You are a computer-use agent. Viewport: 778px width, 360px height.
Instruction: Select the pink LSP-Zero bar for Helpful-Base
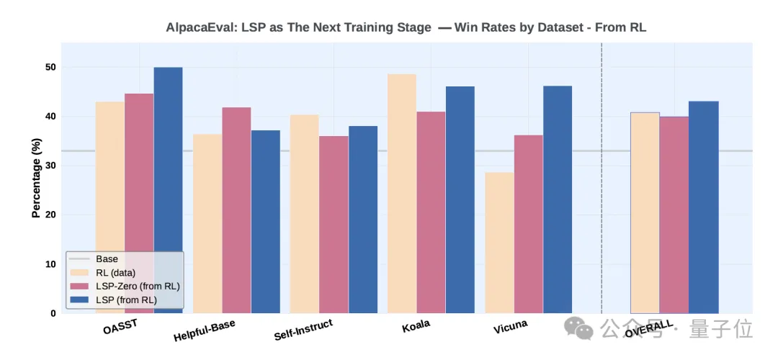tap(236, 209)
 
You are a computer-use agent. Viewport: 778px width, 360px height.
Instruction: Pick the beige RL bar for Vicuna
tap(499, 242)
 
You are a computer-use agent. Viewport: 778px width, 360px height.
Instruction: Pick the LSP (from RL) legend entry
tap(126, 300)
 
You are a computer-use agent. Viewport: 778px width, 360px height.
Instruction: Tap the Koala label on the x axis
tap(416, 325)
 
